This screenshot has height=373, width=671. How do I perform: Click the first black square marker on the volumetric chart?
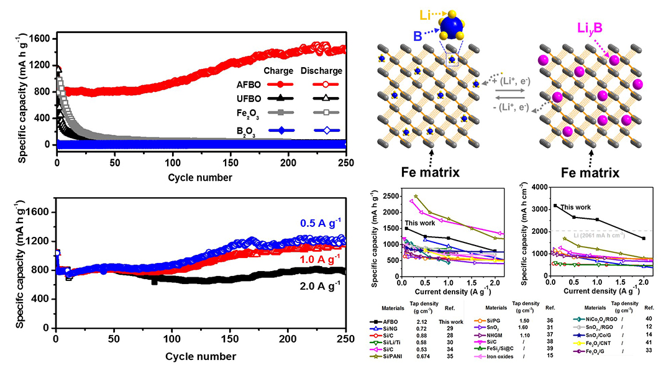(x=555, y=205)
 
